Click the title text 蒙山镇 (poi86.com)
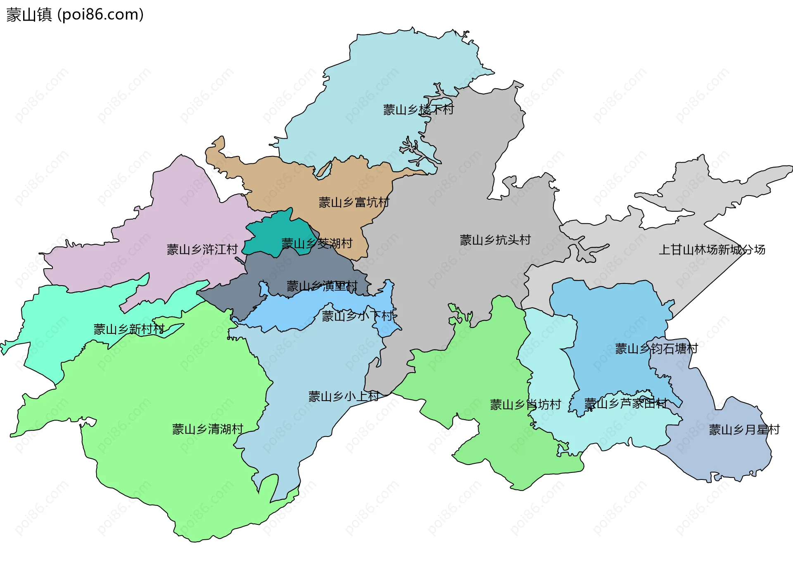(75, 15)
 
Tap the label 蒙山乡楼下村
(418, 110)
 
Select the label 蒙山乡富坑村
(354, 203)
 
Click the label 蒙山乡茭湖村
(317, 243)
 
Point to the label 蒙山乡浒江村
(202, 250)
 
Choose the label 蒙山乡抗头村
(495, 240)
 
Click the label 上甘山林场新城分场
(712, 250)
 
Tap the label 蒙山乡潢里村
(322, 286)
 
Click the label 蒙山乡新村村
(129, 329)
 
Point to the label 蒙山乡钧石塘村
(656, 349)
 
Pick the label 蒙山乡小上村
(343, 397)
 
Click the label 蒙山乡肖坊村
(525, 404)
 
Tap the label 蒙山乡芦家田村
(625, 403)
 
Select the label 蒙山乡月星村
(744, 430)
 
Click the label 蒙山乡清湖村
(207, 429)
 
